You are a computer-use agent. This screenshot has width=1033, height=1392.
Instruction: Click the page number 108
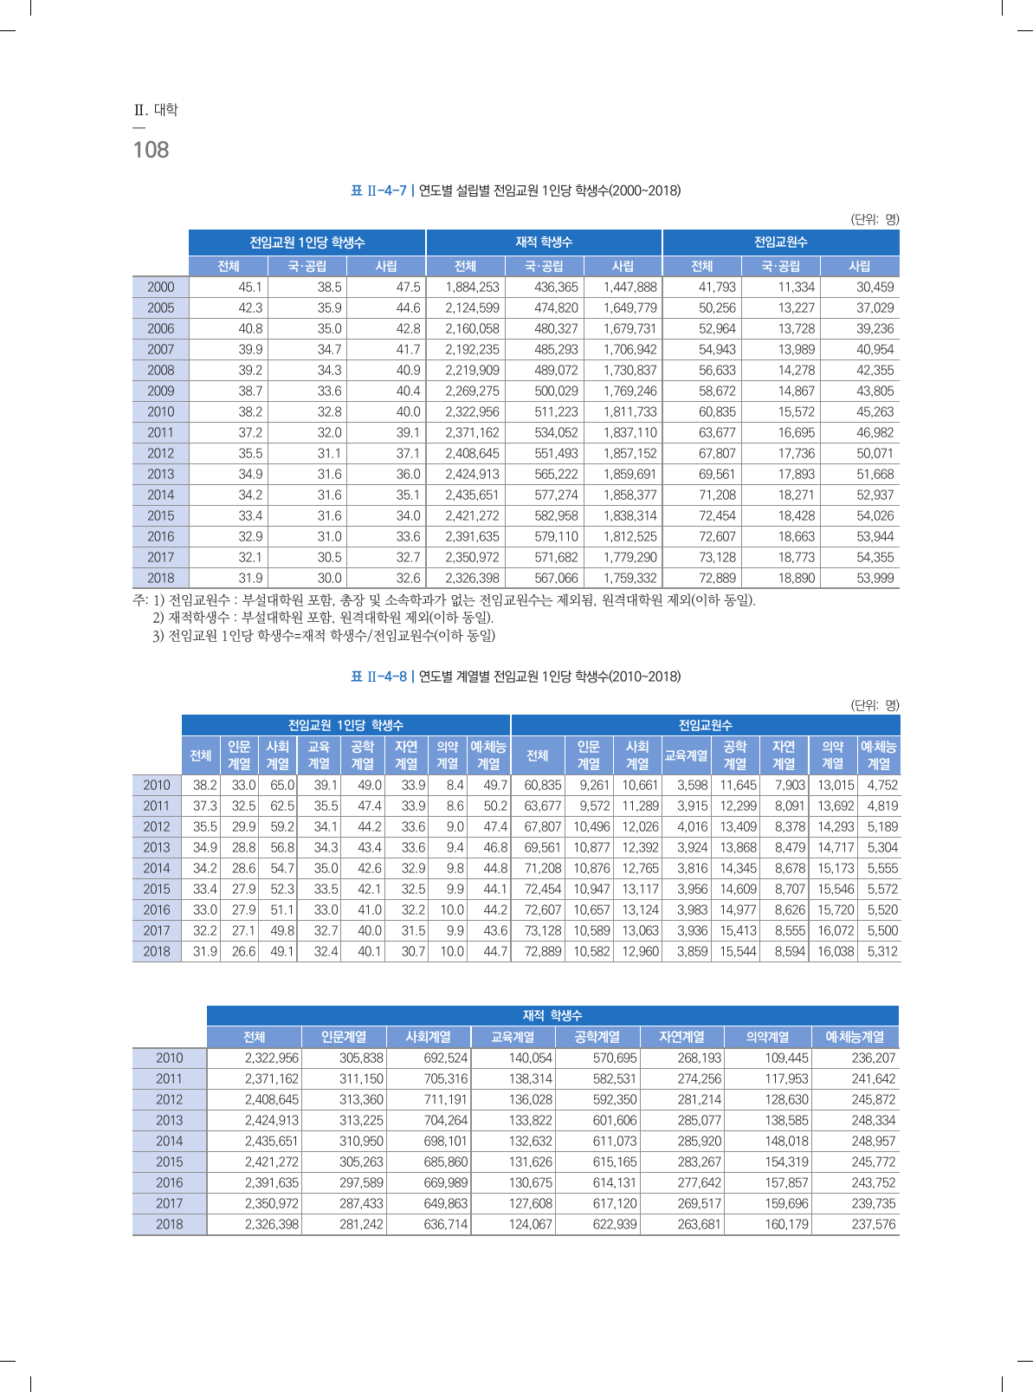click(x=151, y=150)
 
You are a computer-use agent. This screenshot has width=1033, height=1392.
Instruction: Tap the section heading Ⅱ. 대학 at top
click(x=156, y=110)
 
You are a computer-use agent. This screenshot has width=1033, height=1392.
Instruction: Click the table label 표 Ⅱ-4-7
click(x=378, y=191)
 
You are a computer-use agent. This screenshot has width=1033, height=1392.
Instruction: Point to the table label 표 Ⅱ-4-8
click(x=378, y=677)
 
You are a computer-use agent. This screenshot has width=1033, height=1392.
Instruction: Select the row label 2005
click(x=160, y=308)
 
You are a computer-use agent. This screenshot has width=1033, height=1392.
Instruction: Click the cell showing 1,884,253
click(x=472, y=287)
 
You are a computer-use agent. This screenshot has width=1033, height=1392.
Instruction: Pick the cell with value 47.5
click(x=408, y=287)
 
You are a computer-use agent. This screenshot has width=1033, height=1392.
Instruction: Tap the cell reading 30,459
click(x=875, y=287)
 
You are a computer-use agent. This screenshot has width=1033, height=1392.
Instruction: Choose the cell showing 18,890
click(x=796, y=578)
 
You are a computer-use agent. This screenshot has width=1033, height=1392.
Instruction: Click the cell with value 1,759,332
click(x=629, y=578)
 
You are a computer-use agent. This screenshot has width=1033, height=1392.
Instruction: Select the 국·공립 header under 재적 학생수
click(x=544, y=266)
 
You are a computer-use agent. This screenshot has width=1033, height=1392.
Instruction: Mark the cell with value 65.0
click(x=282, y=785)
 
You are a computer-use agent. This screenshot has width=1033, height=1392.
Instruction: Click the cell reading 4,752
click(x=882, y=785)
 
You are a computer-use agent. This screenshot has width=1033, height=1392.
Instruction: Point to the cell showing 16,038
click(x=836, y=951)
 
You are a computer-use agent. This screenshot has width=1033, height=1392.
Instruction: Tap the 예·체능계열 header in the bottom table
click(x=855, y=1037)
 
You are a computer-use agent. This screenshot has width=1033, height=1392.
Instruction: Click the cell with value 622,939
click(x=615, y=1224)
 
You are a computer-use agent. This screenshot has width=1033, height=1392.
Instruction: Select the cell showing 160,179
click(x=786, y=1224)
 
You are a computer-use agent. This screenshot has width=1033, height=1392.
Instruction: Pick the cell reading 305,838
click(x=361, y=1058)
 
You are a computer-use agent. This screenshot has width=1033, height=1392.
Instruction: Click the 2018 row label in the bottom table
click(x=169, y=1224)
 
